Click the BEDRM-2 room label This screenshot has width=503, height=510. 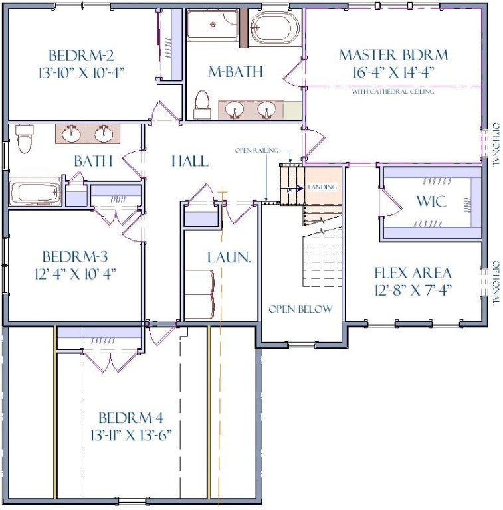coord(81,56)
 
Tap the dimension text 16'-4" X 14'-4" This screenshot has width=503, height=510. coord(393,72)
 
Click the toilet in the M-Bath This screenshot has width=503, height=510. coord(202,104)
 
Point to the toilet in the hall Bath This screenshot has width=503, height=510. coord(25,139)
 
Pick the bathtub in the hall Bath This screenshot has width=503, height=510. coord(35,191)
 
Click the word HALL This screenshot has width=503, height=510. coord(190,161)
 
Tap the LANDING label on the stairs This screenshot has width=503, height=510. coord(322,187)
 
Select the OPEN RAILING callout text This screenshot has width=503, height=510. coord(256,150)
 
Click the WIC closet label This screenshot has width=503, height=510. coord(431,201)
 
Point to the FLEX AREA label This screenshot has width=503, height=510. coord(413,273)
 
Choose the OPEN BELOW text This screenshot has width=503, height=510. coord(300,309)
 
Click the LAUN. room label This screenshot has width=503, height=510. coord(229,257)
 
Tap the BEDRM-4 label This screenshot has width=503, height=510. coord(131,418)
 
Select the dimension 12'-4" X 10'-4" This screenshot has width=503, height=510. coord(76,274)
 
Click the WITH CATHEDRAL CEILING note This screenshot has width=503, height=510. coord(393,92)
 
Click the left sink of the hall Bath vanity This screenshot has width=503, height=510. coord(71,134)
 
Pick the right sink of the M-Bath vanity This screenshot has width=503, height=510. coord(266,110)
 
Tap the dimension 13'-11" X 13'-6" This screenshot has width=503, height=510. coord(131,434)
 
